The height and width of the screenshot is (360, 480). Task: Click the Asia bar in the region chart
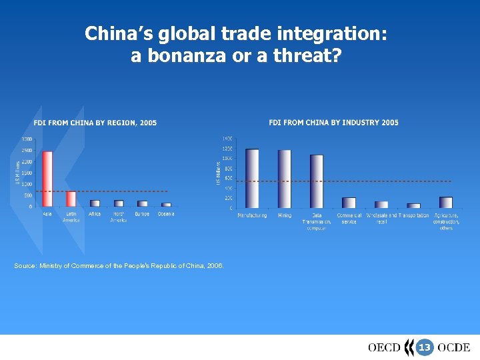(47, 179)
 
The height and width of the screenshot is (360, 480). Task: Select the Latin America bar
(71, 199)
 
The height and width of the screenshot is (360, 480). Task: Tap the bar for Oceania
(166, 205)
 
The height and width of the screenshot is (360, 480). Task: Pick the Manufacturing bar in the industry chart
(252, 178)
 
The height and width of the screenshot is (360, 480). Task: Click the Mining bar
(285, 179)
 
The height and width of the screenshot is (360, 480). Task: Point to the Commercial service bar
(349, 203)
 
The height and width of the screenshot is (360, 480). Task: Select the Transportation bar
(413, 205)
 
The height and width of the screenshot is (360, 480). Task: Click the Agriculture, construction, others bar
(446, 202)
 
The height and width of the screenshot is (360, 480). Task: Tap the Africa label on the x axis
(95, 214)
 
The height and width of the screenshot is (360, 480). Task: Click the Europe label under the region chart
(142, 214)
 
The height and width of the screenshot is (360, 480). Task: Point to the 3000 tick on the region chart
(26, 139)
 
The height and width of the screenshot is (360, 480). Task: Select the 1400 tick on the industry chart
(227, 138)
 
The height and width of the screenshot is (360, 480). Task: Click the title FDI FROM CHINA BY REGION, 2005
(95, 123)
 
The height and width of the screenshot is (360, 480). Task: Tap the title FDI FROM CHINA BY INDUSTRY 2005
(333, 123)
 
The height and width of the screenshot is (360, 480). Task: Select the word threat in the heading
(312, 56)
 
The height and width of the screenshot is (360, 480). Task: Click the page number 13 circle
(424, 347)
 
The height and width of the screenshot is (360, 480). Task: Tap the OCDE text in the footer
(454, 347)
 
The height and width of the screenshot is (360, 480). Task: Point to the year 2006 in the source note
(214, 266)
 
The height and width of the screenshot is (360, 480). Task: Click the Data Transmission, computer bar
(317, 181)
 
